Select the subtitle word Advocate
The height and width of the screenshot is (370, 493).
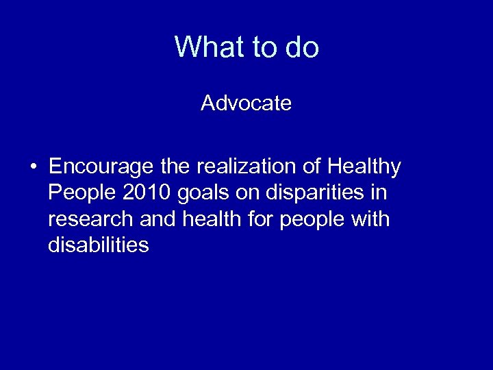(x=246, y=103)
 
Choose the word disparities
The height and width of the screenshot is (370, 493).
(x=326, y=193)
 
